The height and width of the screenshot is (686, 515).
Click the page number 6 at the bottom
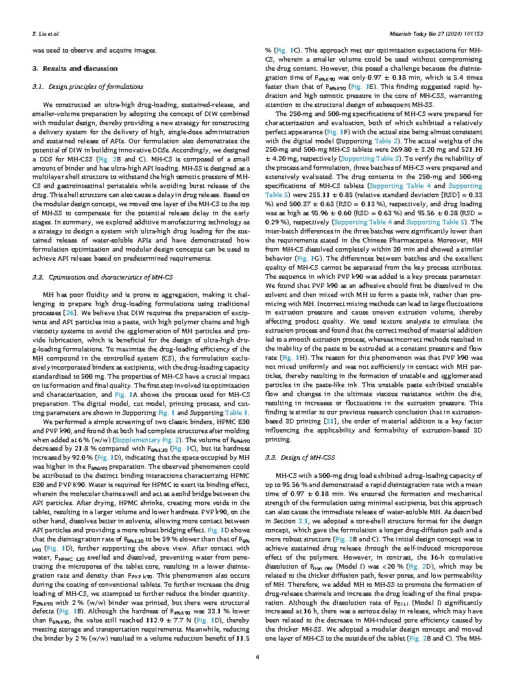[x=257, y=657]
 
